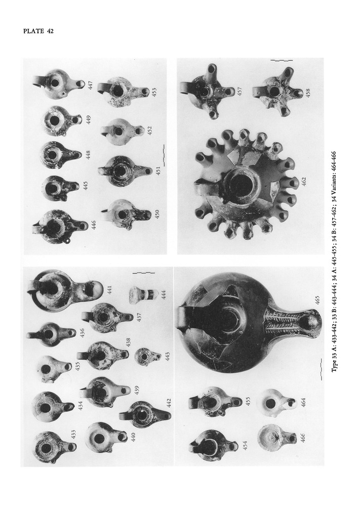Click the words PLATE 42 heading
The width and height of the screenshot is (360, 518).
coord(38,31)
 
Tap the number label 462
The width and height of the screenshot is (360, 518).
coord(304,181)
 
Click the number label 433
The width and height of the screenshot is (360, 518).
coord(74,435)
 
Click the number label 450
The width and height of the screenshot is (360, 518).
coord(157,214)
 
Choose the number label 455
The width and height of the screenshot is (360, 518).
coord(249,400)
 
